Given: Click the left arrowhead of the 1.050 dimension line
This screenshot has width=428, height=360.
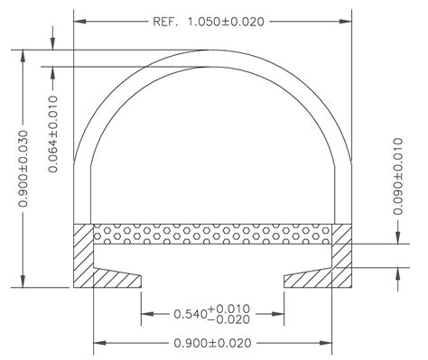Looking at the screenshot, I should [x=79, y=21].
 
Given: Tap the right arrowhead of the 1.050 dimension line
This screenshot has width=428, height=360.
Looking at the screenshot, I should [x=347, y=21].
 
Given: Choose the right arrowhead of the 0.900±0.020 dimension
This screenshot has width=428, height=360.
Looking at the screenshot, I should [x=328, y=343].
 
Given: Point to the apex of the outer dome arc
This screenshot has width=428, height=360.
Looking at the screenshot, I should [x=213, y=50].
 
